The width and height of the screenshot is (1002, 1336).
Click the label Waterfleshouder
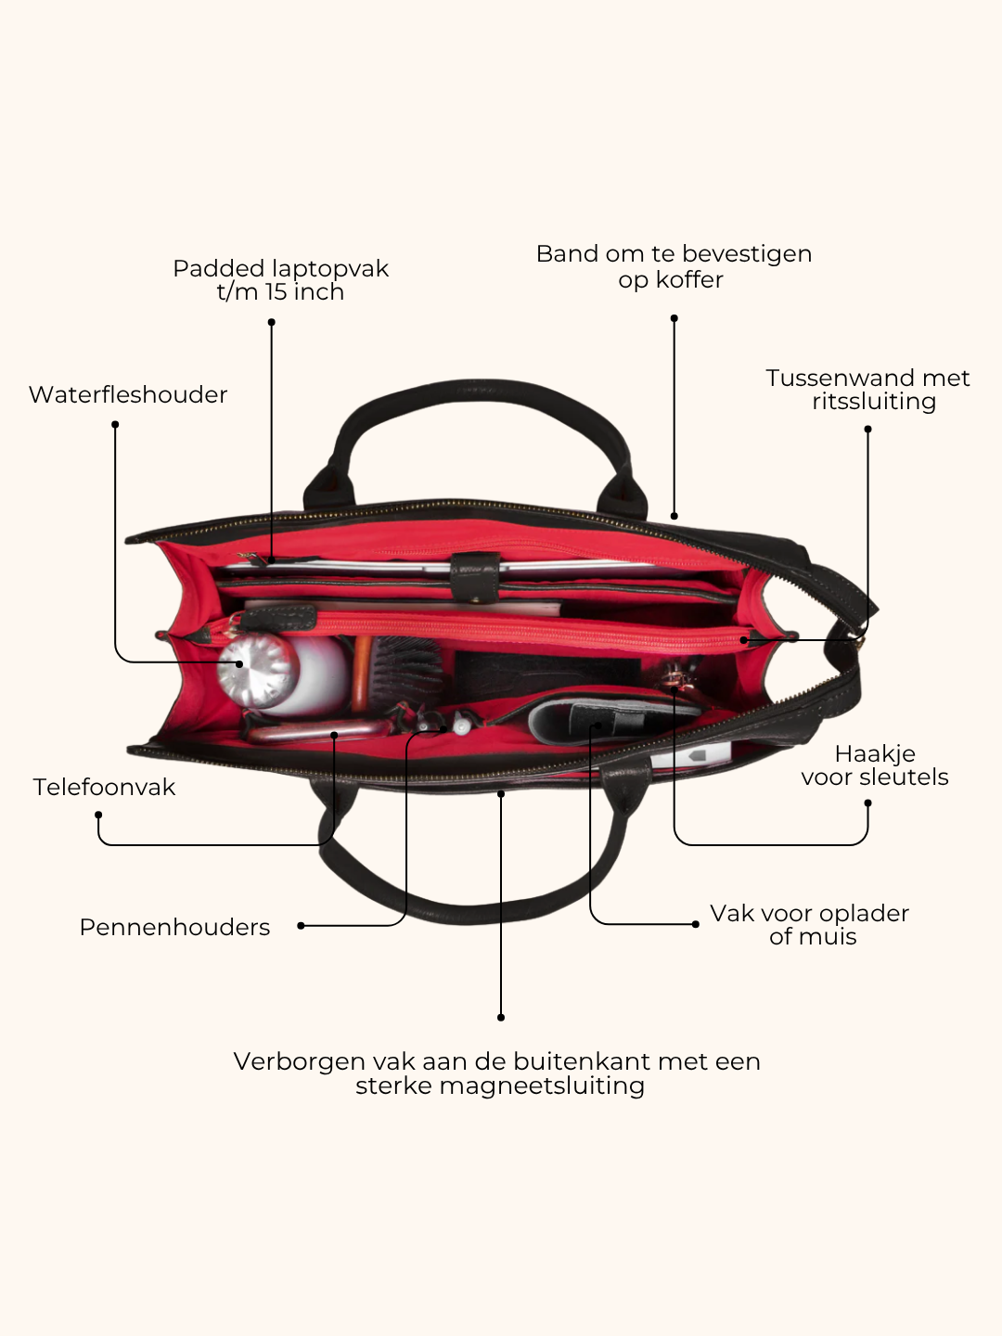[x=128, y=394]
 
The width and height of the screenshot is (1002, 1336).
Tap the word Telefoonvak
[x=104, y=787]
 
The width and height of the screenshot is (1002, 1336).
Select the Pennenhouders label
[x=174, y=927]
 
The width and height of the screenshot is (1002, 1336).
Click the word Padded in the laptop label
[x=218, y=268]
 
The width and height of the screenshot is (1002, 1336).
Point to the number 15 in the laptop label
[x=276, y=292]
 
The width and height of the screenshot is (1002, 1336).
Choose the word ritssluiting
[x=874, y=403]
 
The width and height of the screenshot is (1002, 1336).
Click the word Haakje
[x=875, y=754]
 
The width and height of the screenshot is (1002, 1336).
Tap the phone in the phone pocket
[x=319, y=731]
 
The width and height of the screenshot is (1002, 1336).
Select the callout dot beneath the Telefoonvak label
[x=98, y=815]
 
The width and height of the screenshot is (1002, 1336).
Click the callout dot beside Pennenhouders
[x=301, y=926]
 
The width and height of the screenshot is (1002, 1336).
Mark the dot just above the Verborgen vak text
[x=501, y=1018]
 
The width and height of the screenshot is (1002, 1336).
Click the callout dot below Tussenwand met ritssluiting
[x=867, y=430]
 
